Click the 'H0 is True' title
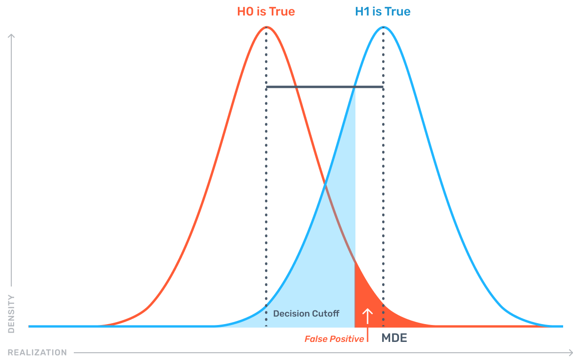tap(266, 12)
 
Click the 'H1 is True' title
tap(383, 12)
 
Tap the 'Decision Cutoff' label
tap(306, 313)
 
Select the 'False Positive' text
tap(334, 339)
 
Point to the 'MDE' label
tap(394, 338)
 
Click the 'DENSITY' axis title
tap(11, 314)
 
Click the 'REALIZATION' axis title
tap(37, 352)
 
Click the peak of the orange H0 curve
tap(266, 27)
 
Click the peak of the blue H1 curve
tap(384, 27)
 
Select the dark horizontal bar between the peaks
tap(324, 87)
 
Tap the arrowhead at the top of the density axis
tap(11, 36)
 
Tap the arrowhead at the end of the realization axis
tap(569, 352)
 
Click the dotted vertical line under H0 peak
tap(266, 188)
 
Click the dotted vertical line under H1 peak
tap(384, 188)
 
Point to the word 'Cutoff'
tap(326, 313)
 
